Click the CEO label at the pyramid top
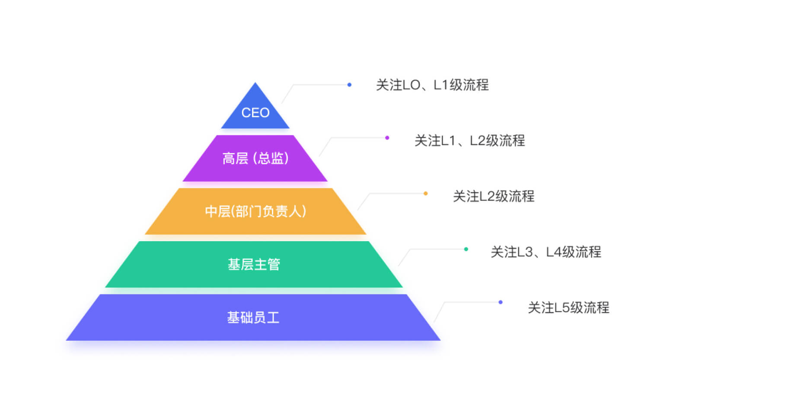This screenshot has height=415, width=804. pyautogui.click(x=255, y=113)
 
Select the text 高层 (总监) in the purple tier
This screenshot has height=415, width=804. pyautogui.click(x=255, y=158)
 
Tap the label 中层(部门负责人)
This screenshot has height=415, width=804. pyautogui.click(x=255, y=211)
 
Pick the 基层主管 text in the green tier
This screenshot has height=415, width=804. pyautogui.click(x=254, y=264)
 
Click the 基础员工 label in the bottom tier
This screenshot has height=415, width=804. pyautogui.click(x=253, y=318)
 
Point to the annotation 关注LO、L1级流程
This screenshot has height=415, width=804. pyautogui.click(x=432, y=85)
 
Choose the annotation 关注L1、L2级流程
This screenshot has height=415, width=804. pyautogui.click(x=469, y=140)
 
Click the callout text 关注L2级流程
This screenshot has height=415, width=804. pyautogui.click(x=494, y=196)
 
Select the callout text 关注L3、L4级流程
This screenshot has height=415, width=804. pyautogui.click(x=546, y=252)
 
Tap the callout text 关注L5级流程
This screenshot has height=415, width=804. pyautogui.click(x=568, y=307)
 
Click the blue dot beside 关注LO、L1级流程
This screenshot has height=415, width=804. pyautogui.click(x=349, y=85)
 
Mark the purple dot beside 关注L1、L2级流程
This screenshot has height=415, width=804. pyautogui.click(x=387, y=138)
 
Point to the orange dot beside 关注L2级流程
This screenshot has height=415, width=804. pyautogui.click(x=425, y=194)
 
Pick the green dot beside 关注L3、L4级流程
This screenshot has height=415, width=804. pyautogui.click(x=466, y=249)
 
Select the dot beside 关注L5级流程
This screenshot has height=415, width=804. pyautogui.click(x=500, y=302)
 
